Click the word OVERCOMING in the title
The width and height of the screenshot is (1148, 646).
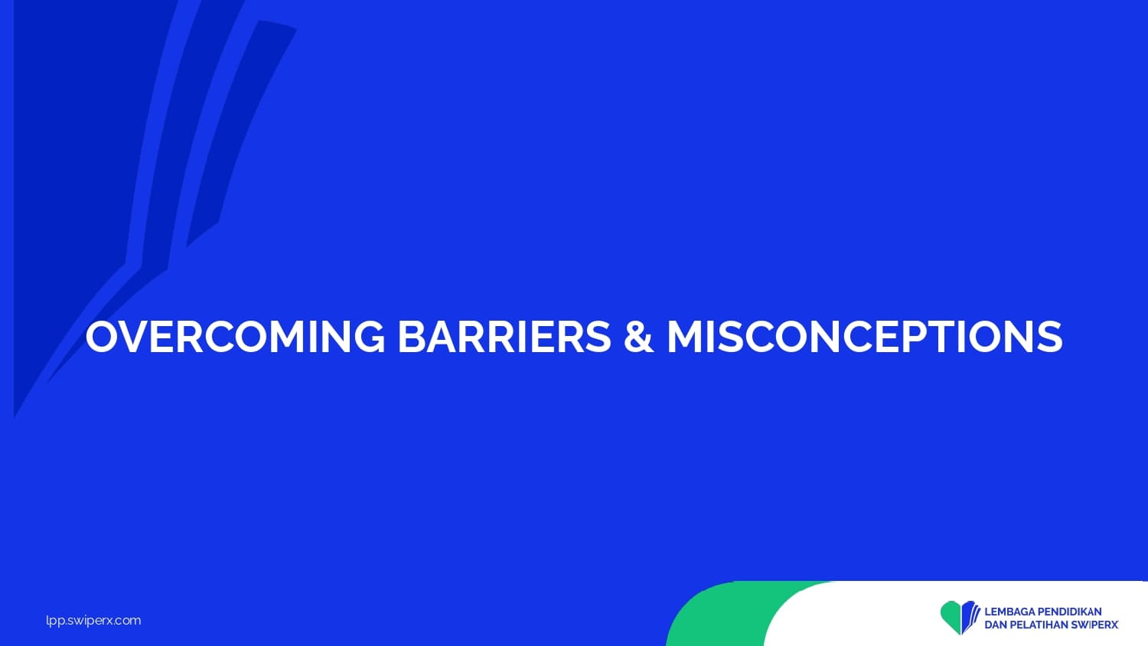235,336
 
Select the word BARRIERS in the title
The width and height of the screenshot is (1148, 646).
504,336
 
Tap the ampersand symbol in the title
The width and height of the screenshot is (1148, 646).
638,336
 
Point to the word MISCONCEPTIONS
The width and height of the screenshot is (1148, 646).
865,336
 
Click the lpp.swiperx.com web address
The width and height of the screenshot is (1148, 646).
93,621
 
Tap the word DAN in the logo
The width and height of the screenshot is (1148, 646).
993,625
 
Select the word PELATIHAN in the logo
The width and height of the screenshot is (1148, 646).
1037,625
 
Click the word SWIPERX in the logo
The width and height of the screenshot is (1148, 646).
1094,625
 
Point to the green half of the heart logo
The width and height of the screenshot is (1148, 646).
951,615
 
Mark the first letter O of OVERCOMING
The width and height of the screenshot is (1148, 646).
103,337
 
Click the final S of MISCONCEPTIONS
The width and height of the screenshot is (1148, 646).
1049,337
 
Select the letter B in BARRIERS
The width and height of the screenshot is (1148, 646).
412,337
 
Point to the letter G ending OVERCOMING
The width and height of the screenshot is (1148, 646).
368,337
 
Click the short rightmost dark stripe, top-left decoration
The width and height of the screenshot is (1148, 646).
241,133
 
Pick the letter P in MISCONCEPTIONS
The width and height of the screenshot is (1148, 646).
913,337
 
